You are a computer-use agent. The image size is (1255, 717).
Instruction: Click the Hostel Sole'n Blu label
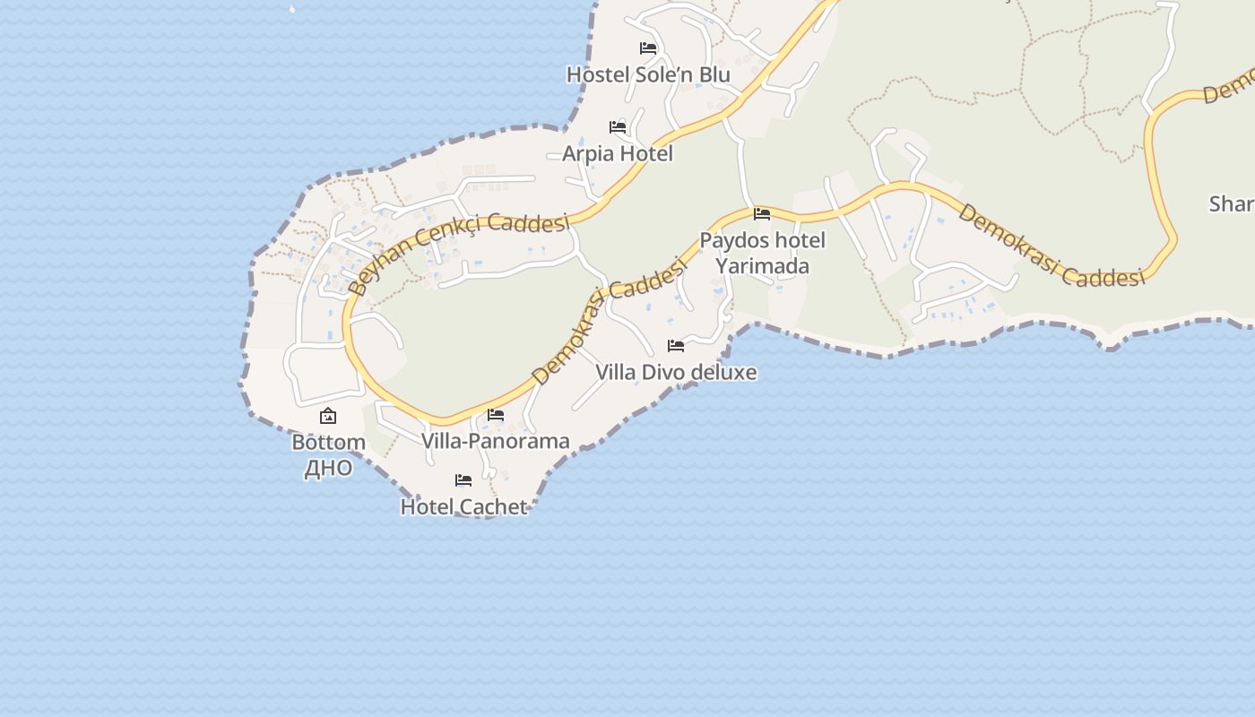(x=648, y=74)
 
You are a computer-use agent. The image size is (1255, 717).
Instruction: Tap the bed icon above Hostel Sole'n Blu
(x=648, y=48)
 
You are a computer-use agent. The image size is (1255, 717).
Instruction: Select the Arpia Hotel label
(x=617, y=153)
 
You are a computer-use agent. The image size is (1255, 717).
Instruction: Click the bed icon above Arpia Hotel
(x=618, y=127)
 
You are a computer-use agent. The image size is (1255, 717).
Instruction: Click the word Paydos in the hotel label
(x=732, y=240)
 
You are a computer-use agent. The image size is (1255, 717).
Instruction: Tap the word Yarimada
(x=762, y=266)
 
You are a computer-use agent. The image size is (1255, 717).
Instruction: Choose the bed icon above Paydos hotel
(x=762, y=214)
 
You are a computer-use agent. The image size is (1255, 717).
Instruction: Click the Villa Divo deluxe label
(x=676, y=372)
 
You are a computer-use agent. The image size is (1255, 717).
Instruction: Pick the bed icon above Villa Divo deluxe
(x=676, y=346)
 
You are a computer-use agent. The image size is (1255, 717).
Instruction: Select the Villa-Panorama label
(x=496, y=441)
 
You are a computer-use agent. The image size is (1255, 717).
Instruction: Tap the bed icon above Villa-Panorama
(x=496, y=415)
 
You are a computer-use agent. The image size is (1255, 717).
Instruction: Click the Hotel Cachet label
(x=463, y=506)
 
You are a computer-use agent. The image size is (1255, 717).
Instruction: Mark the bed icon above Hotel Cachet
(x=463, y=480)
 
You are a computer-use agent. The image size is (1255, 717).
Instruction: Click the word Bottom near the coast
(x=328, y=443)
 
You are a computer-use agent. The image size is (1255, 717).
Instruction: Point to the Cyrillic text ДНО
(x=328, y=468)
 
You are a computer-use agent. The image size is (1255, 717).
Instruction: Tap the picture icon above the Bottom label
(x=328, y=416)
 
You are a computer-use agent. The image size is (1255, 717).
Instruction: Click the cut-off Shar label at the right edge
(x=1231, y=204)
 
